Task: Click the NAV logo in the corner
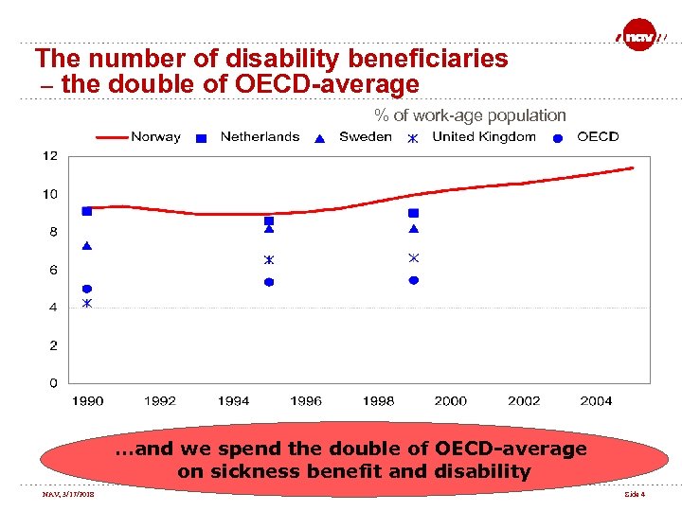[641, 35]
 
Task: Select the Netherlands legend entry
[248, 136]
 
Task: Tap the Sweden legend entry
[354, 136]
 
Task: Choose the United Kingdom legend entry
[472, 136]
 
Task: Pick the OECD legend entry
[588, 136]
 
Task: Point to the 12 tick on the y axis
[50, 155]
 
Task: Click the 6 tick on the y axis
[53, 270]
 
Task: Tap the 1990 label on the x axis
[87, 401]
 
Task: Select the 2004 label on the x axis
[596, 401]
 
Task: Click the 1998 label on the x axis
[378, 401]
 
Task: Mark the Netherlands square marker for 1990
[87, 211]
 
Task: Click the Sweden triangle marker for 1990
[87, 246]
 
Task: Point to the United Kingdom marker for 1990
[87, 304]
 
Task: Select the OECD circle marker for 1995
[269, 282]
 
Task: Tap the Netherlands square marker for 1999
[413, 213]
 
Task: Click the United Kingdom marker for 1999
[413, 257]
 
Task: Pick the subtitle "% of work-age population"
[470, 115]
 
